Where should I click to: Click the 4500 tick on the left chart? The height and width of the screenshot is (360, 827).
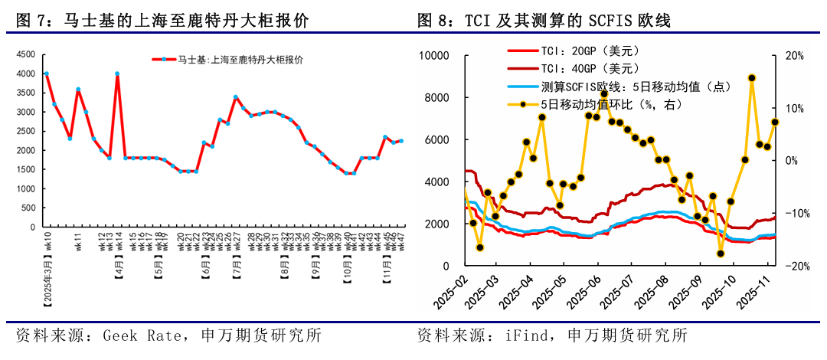[x=26, y=54]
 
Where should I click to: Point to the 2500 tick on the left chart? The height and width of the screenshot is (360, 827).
[x=26, y=131]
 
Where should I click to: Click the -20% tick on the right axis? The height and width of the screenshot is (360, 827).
[x=791, y=267]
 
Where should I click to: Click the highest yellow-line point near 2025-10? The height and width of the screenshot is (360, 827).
[x=751, y=78]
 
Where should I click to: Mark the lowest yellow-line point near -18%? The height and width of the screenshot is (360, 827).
[x=721, y=254]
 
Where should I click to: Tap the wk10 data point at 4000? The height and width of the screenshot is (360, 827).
[x=46, y=74]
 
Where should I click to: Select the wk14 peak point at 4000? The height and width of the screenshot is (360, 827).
[x=117, y=74]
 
